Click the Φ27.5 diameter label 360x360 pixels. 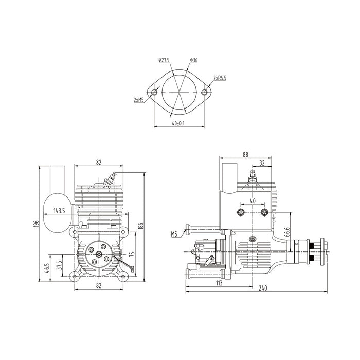pos(164,60)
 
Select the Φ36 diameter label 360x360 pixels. pos(194,60)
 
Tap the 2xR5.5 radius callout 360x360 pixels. pos(220,78)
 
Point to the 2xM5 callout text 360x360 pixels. pos(139,100)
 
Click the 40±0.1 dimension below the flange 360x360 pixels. pos(178,123)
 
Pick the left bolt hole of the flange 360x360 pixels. pos(154,92)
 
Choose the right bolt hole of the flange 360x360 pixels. pos(204,92)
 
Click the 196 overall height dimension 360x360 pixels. pos(37,223)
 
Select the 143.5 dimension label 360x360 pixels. pos(59,211)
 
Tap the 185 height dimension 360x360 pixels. pos(141,226)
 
